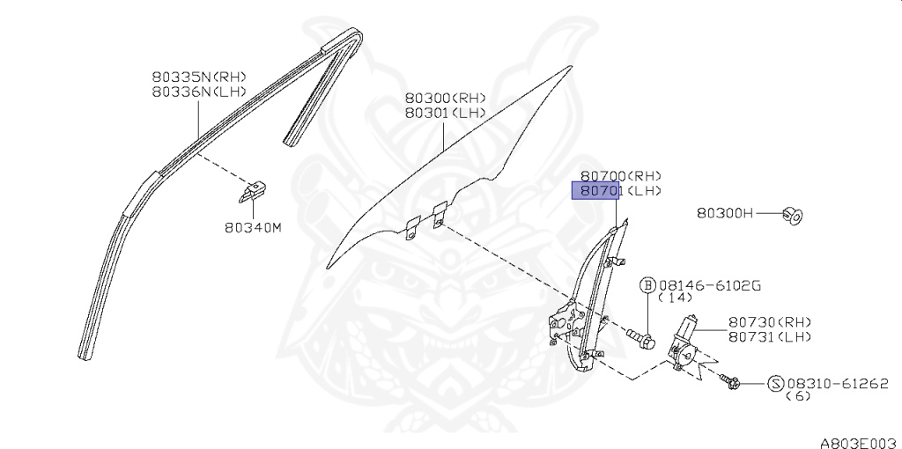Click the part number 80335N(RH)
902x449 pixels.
pos(198,77)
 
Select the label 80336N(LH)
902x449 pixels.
pos(198,91)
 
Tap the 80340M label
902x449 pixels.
pos(252,228)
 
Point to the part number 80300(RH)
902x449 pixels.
pos(445,99)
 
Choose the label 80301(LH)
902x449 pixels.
pos(445,113)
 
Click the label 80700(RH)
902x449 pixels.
pos(620,176)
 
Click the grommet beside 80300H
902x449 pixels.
pos(793,214)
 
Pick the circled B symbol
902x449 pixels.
pos(647,284)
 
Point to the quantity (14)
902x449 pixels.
pos(677,298)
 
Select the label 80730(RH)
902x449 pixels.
pos(770,322)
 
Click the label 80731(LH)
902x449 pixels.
pos(770,336)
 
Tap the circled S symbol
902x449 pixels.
pos(775,383)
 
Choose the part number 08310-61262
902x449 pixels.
pos(838,383)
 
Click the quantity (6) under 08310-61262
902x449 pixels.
pos(797,396)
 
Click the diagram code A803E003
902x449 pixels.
pos(858,441)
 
